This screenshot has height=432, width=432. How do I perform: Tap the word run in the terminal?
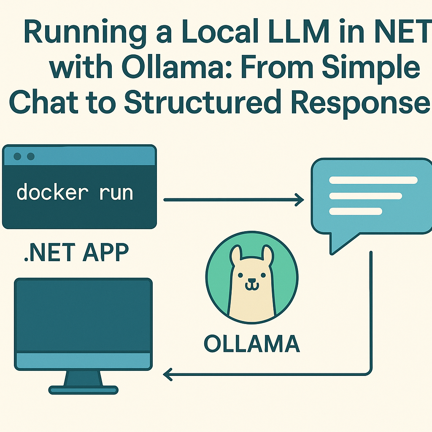click(116, 193)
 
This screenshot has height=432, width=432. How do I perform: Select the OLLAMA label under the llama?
click(251, 343)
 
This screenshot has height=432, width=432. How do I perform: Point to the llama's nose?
click(251, 281)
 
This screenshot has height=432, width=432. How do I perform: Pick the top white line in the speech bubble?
click(373, 180)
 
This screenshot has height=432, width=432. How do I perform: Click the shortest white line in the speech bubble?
click(355, 211)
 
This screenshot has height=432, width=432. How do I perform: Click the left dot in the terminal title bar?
click(17, 157)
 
